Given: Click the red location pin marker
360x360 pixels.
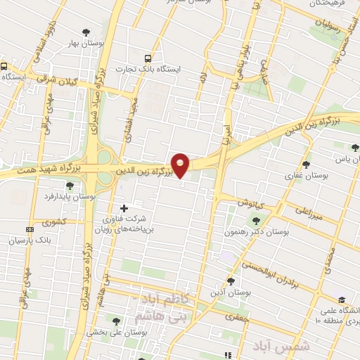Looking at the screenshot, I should coord(181,165).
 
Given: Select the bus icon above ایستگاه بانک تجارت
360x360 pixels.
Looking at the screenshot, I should coord(148,59).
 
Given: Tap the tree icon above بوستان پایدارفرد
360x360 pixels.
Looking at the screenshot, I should coord(70,186).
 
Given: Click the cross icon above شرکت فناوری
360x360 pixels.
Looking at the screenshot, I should coord(124,208).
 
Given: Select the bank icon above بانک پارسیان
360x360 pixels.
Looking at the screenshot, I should coord(30,229).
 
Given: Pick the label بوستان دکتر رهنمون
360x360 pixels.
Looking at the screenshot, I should coord(259,231).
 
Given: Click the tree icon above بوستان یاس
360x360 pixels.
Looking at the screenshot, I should coord(355,148).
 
